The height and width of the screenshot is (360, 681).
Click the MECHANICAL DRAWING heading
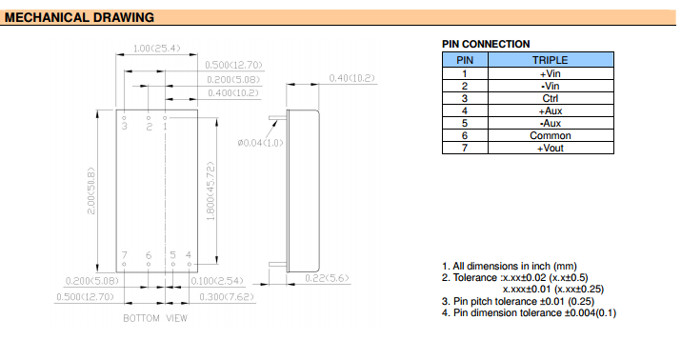[x=79, y=17]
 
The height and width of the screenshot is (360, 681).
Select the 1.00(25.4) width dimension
[x=156, y=49]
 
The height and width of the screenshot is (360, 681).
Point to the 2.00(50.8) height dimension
[x=90, y=190]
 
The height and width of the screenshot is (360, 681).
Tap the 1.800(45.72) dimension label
[x=210, y=191]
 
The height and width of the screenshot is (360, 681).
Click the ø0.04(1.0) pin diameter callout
[x=260, y=143]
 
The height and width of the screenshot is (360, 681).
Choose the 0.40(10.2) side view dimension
[x=351, y=78]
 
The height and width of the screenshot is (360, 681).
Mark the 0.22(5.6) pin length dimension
[x=327, y=278]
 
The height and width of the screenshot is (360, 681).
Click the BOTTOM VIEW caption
[x=155, y=318]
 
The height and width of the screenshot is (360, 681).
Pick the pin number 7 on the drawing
[x=124, y=255]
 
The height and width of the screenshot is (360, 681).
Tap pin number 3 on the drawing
[x=125, y=127]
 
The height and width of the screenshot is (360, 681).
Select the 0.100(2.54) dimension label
[x=217, y=281]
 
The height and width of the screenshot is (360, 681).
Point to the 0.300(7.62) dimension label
[x=227, y=297]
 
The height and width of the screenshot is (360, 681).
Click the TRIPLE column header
[x=551, y=60]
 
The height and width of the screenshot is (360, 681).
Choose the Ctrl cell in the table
[x=551, y=98]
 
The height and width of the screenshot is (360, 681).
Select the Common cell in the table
[x=551, y=135]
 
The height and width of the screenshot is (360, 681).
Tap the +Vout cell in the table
[x=551, y=148]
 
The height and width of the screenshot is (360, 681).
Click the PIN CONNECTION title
[x=486, y=44]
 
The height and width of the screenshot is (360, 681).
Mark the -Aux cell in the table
[x=551, y=123]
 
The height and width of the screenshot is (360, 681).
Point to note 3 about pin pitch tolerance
[x=518, y=301]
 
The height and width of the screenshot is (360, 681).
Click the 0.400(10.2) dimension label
[x=233, y=93]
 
